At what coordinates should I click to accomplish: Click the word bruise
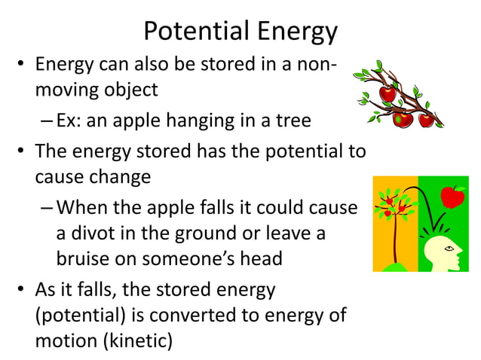coord(87,258)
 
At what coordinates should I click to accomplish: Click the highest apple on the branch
coord(388,93)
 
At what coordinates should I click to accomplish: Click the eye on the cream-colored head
coord(450,247)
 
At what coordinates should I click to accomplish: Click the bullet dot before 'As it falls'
coord(23,290)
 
